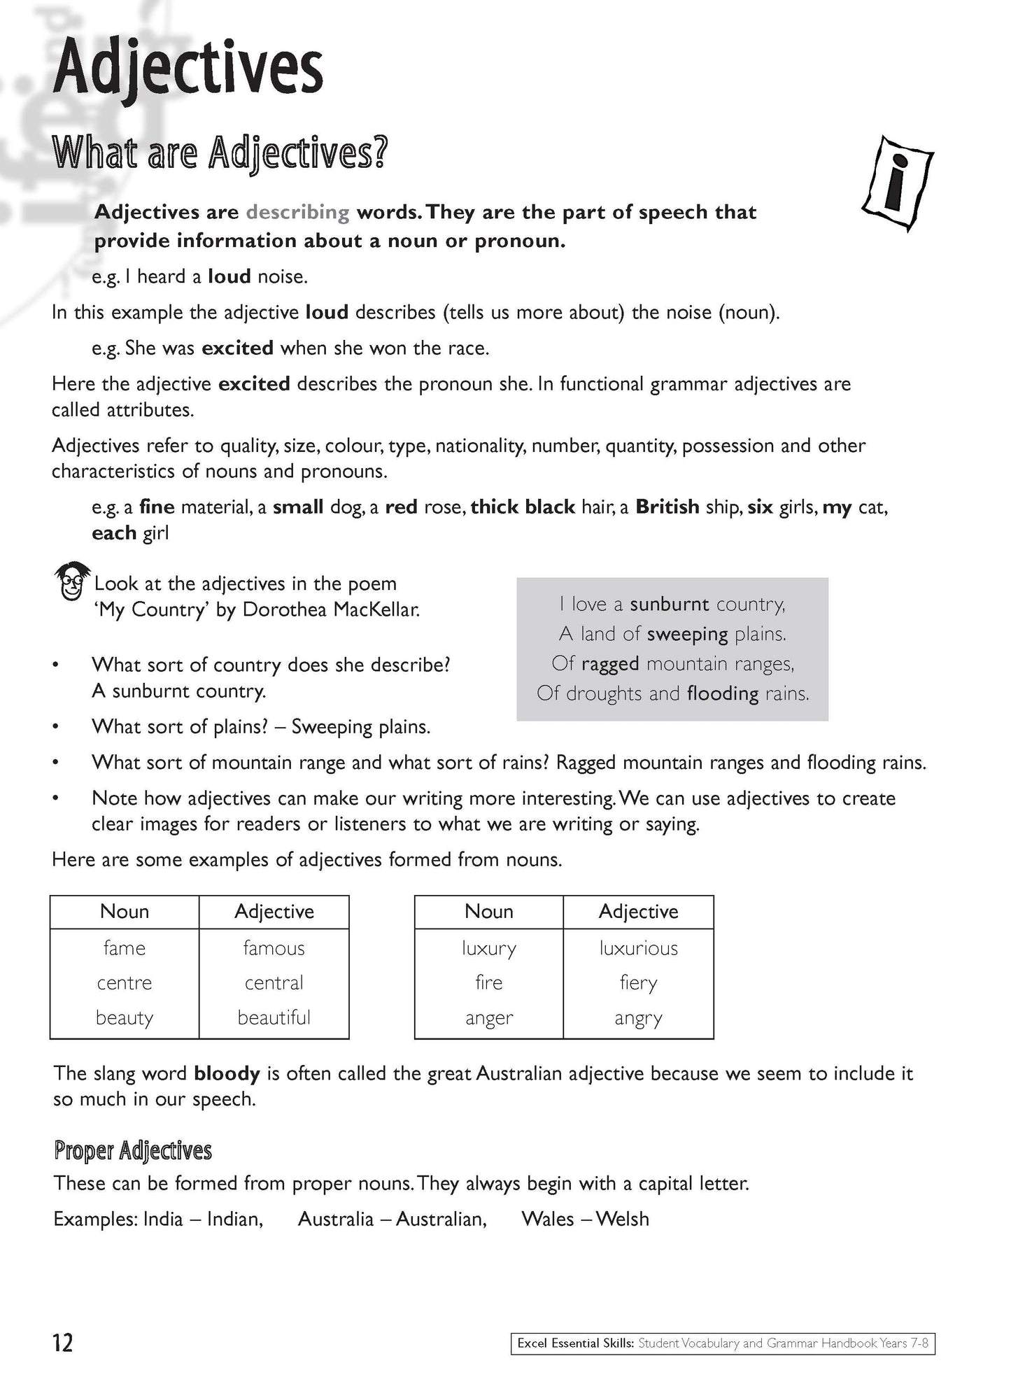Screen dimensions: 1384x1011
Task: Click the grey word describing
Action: (297, 212)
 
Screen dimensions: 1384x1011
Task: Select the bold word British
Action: (667, 507)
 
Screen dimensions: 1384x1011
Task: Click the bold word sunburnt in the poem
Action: (669, 604)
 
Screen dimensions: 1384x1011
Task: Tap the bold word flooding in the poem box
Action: (723, 693)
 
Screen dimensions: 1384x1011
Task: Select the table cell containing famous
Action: (274, 948)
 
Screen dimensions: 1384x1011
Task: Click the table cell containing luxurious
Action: (638, 948)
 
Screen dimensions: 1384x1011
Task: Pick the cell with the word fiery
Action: (638, 983)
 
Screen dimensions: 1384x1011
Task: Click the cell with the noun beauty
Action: (125, 1017)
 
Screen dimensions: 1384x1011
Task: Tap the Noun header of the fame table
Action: (125, 911)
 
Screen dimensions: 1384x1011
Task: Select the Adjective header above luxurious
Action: (638, 911)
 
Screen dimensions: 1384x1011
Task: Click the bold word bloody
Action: (227, 1073)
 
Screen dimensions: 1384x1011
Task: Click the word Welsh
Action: (623, 1219)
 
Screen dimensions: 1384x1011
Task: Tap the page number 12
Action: (62, 1343)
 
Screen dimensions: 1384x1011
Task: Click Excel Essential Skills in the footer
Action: (575, 1343)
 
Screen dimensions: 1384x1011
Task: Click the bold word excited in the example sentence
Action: (237, 348)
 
